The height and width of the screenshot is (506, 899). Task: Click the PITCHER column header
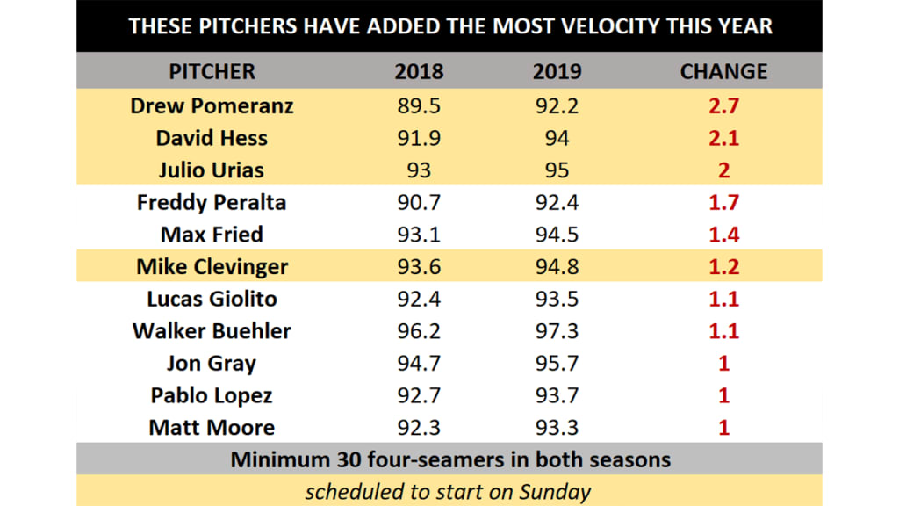[x=212, y=72]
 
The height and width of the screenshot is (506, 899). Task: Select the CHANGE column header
[x=723, y=72]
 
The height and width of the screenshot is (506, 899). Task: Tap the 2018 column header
[x=419, y=72]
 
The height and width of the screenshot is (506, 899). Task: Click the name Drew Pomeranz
[x=212, y=106]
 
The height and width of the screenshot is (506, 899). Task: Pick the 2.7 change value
[x=723, y=106]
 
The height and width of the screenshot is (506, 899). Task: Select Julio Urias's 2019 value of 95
[x=557, y=170]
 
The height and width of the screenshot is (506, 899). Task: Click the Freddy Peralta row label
[x=212, y=203]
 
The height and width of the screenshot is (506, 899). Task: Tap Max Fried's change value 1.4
[x=723, y=235]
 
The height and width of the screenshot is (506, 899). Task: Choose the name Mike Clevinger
[x=212, y=267]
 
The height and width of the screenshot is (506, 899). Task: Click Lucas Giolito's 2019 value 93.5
[x=557, y=299]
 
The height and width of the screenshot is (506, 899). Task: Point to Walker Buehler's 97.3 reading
[x=557, y=331]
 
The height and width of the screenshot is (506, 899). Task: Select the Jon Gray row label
[x=212, y=364]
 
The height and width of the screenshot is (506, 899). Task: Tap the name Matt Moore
[x=212, y=428]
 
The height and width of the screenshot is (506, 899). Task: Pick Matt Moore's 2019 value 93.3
[x=557, y=428]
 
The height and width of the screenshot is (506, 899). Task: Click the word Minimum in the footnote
[x=271, y=459]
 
